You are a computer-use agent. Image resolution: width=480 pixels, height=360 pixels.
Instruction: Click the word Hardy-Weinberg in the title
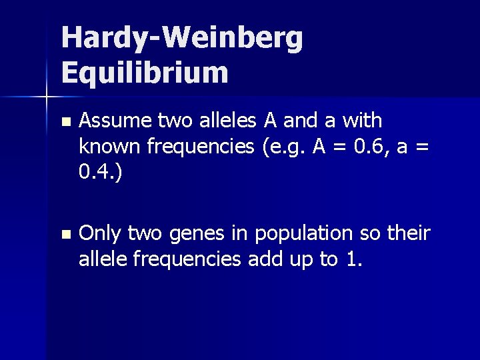tap(182, 41)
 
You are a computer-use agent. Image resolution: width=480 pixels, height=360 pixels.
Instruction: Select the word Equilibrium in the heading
tap(145, 73)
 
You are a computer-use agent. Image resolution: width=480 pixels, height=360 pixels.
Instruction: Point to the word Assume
tap(115, 121)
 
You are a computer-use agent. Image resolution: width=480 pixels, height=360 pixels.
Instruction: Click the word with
tap(360, 121)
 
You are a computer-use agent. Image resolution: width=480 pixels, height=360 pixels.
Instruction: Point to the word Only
tap(100, 234)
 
